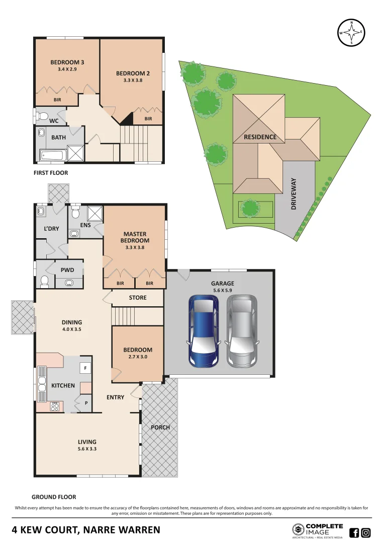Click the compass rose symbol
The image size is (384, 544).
[351, 32]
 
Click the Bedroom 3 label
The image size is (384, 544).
[67, 62]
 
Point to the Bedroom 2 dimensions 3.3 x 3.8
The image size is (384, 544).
[133, 80]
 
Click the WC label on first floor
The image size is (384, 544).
[54, 121]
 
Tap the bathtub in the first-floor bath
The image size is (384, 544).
[51, 155]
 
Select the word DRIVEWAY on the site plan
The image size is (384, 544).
[295, 193]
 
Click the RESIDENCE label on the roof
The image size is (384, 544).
[260, 137]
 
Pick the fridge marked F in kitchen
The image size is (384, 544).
[85, 369]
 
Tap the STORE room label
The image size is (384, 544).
[137, 298]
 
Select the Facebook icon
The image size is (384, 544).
[354, 533]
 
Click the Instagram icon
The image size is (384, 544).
[366, 533]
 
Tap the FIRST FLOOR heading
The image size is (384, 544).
[50, 173]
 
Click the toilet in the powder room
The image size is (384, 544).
[44, 280]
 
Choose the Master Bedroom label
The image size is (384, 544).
[134, 237]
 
